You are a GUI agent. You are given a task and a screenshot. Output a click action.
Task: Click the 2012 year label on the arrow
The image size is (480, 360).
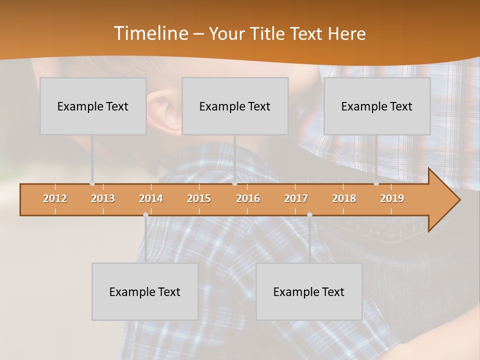click(55, 198)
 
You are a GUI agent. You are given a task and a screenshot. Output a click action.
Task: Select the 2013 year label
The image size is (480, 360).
click(103, 198)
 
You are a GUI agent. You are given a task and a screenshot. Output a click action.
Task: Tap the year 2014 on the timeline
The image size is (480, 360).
click(151, 198)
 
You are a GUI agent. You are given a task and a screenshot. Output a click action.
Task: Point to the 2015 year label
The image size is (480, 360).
click(199, 198)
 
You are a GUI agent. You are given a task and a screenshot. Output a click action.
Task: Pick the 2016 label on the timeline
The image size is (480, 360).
click(248, 198)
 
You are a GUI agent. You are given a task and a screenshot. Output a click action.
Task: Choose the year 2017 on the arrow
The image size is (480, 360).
click(296, 198)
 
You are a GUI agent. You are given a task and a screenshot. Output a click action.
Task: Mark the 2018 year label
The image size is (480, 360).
click(344, 198)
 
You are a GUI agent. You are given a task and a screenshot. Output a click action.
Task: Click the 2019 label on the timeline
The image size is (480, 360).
click(392, 198)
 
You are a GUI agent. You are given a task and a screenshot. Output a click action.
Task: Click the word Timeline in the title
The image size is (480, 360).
click(150, 33)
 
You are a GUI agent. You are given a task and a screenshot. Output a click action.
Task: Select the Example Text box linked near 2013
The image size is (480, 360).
click(93, 106)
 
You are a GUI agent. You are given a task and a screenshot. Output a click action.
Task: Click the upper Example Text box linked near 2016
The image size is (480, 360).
click(235, 106)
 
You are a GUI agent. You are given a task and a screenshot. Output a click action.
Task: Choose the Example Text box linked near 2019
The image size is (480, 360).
click(377, 106)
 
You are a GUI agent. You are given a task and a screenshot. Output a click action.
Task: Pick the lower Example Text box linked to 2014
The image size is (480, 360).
click(145, 291)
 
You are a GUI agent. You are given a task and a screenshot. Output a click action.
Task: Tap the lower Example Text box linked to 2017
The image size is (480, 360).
click(309, 291)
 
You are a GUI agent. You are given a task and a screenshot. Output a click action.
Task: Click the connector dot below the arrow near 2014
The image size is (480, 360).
click(145, 214)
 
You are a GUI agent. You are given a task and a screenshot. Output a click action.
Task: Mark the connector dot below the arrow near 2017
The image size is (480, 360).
click(309, 214)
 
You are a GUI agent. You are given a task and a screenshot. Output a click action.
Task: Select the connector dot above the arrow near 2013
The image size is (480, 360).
click(92, 183)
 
